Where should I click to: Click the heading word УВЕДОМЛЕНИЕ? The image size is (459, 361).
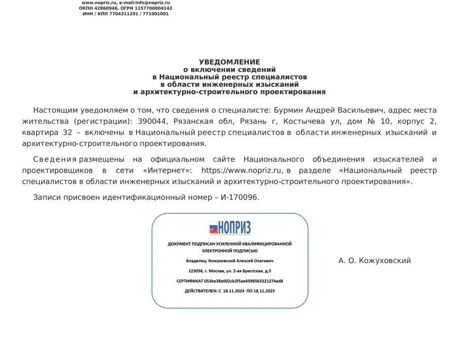click(x=229, y=62)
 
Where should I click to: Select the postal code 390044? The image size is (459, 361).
click(x=153, y=121)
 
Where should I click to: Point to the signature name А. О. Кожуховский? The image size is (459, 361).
click(x=374, y=260)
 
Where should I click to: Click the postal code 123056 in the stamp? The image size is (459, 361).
click(x=196, y=271)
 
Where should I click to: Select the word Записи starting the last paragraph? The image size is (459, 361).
click(x=46, y=197)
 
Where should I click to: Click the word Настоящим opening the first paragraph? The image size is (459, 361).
click(x=54, y=110)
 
